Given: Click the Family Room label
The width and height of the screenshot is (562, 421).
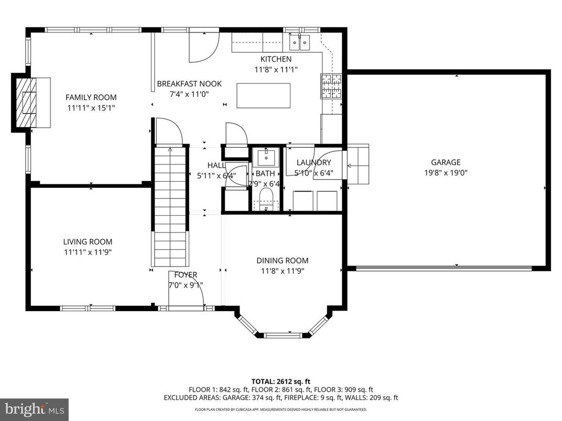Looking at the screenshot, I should (91, 97).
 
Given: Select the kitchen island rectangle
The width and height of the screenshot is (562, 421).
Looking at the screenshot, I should (263, 95).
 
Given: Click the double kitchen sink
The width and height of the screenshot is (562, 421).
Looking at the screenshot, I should (300, 41).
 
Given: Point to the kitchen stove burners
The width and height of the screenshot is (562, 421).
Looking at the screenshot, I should (330, 86).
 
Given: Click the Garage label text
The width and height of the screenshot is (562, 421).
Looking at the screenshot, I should (446, 162).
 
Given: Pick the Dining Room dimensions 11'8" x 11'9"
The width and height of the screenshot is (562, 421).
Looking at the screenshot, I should (282, 271).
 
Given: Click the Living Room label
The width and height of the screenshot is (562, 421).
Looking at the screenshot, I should (88, 242).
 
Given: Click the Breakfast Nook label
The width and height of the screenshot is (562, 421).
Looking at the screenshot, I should (189, 84).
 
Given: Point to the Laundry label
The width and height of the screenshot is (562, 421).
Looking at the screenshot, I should (314, 163).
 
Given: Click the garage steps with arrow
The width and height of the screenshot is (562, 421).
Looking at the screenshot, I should (357, 164).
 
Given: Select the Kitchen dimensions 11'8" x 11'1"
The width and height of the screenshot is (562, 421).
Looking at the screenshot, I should (276, 69).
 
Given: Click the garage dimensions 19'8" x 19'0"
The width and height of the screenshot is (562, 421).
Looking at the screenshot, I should (446, 172).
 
